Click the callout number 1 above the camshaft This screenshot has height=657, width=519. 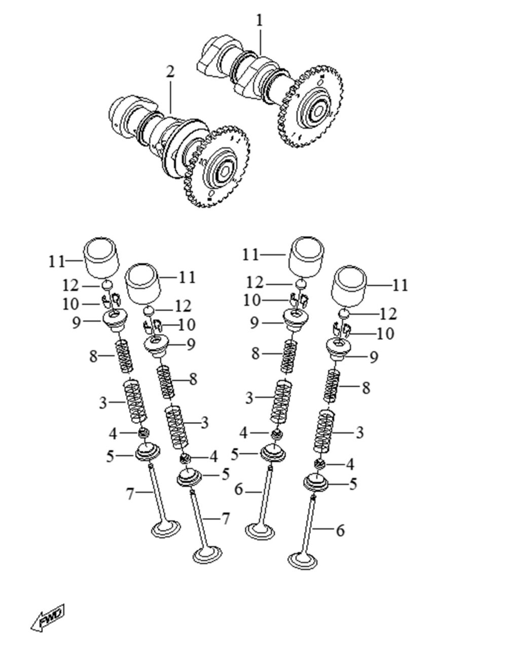(x=259, y=21)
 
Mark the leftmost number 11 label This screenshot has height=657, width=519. (x=57, y=262)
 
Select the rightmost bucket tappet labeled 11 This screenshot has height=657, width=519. (x=350, y=287)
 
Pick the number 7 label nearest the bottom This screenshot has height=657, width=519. (x=225, y=519)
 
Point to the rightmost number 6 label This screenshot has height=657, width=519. (x=340, y=531)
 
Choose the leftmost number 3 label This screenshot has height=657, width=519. (x=103, y=403)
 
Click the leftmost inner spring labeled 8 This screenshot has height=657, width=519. (x=125, y=356)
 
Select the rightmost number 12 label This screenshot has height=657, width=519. (x=388, y=314)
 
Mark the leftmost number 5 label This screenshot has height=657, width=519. (x=110, y=456)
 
